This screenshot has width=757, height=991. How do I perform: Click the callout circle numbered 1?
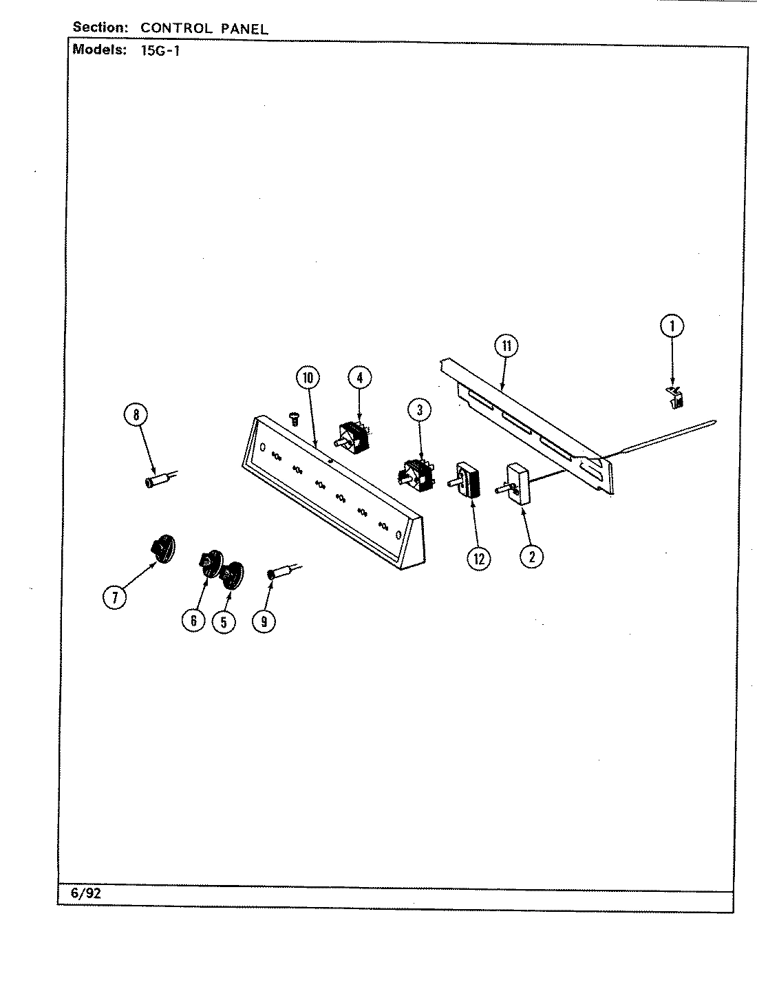click(x=672, y=326)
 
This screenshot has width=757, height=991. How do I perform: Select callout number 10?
click(x=308, y=377)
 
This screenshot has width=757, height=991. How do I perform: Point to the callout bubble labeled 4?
click(x=359, y=377)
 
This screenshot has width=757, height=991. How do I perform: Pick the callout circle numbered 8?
click(x=136, y=414)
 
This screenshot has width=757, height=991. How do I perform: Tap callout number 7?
click(x=114, y=597)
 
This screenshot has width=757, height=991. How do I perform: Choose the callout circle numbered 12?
click(x=479, y=558)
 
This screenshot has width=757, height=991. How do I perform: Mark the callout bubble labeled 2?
click(x=531, y=555)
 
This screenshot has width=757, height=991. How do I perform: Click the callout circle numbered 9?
click(x=263, y=621)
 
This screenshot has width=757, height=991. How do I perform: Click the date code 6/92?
click(x=85, y=893)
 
